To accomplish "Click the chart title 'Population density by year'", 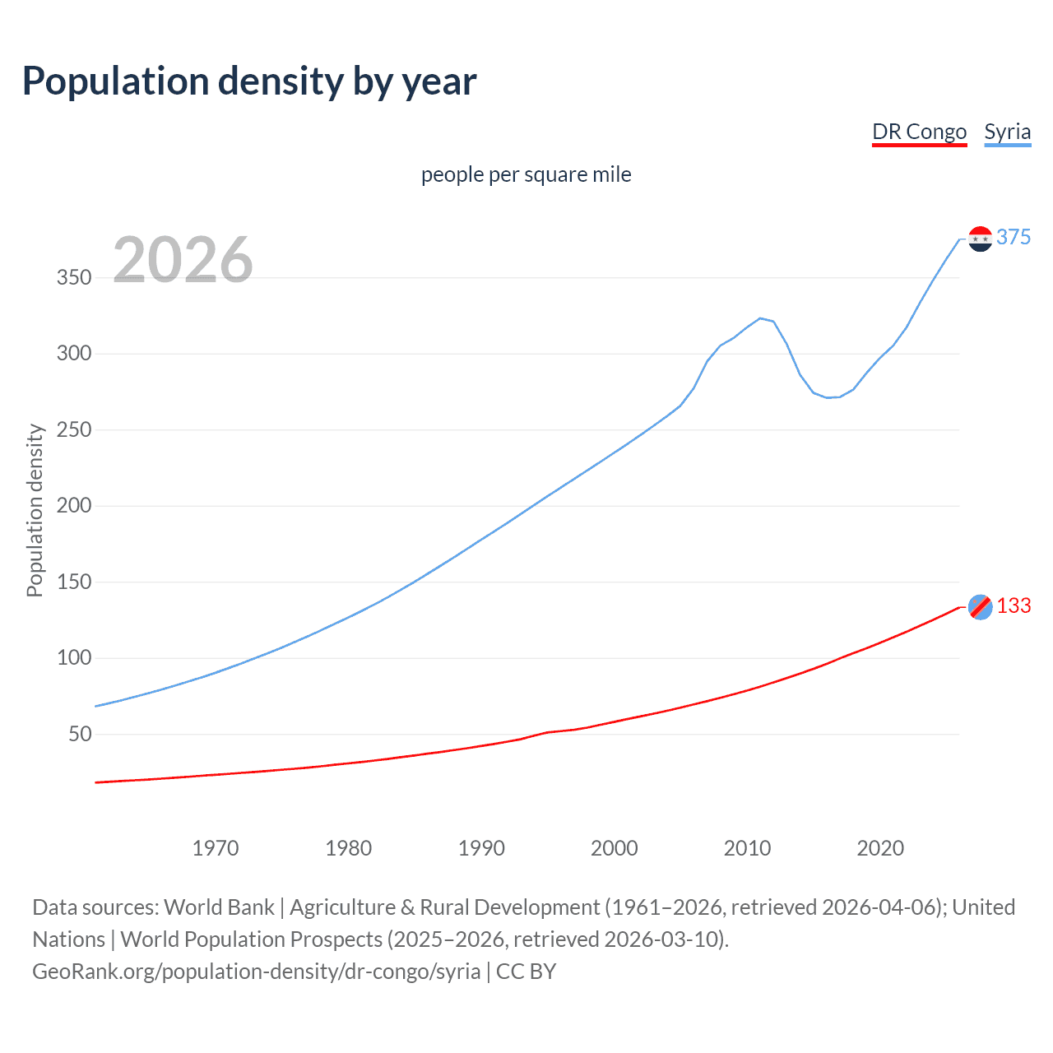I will (x=249, y=81).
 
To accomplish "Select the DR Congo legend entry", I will (x=919, y=132).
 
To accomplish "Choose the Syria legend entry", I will (x=1007, y=132).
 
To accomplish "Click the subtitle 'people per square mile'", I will (x=526, y=174).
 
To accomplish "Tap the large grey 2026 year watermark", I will (x=183, y=260).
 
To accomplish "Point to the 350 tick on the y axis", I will (x=74, y=277).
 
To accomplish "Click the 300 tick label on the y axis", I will (x=74, y=354).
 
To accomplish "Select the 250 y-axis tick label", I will (x=74, y=429).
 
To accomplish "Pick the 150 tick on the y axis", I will (x=74, y=582).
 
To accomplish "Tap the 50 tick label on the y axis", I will (x=80, y=734).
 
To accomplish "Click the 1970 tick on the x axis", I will (x=216, y=848).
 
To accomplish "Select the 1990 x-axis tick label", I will (x=481, y=848).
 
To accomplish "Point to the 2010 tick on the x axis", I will (x=747, y=848).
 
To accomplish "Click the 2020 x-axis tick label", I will (x=880, y=848).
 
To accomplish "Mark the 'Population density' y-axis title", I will (x=35, y=510).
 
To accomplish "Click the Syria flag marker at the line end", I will (x=980, y=239).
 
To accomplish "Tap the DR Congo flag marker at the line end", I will (x=980, y=607).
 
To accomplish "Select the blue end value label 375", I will (x=1014, y=237).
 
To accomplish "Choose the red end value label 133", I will (x=1014, y=605).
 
